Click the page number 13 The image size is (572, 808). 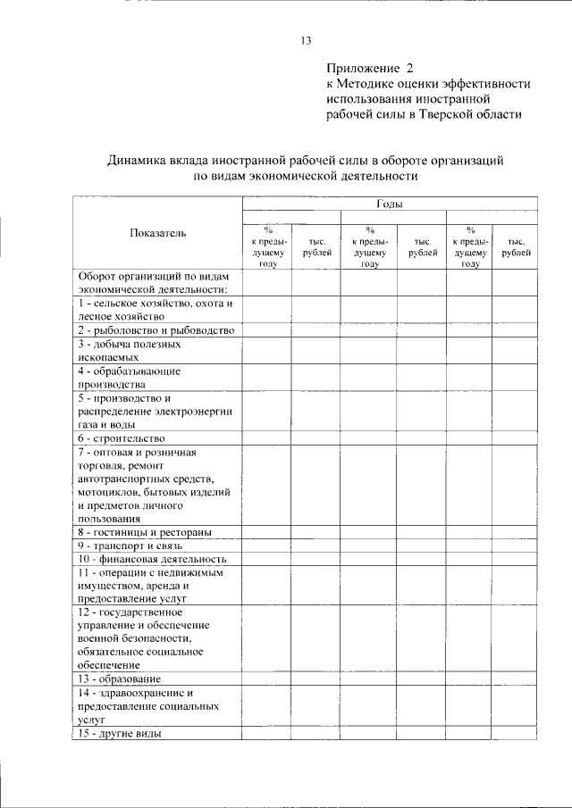(305, 40)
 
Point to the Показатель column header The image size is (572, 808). (157, 233)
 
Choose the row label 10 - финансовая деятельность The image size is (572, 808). (145, 558)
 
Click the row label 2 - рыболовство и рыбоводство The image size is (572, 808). (155, 330)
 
